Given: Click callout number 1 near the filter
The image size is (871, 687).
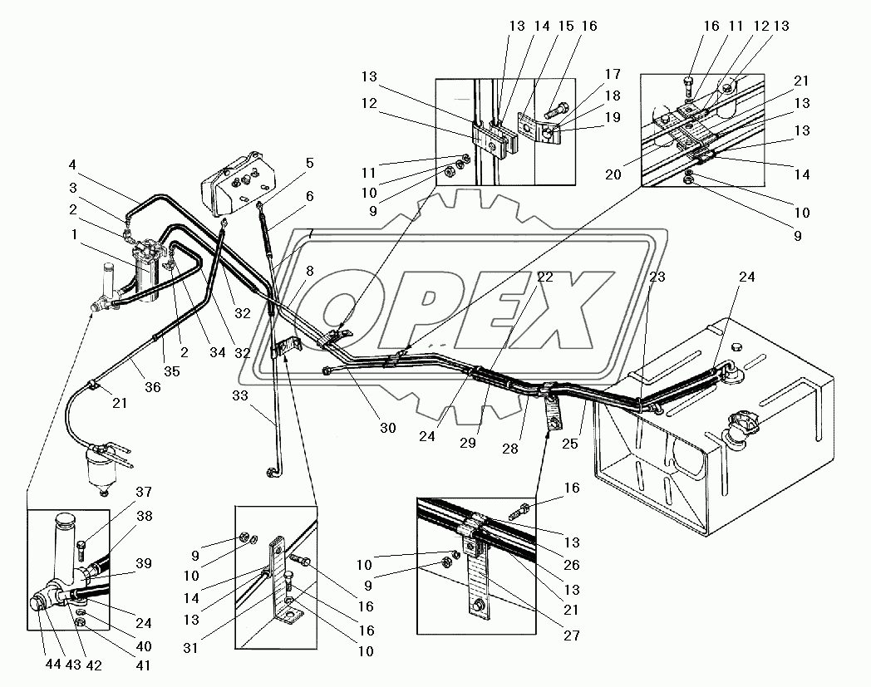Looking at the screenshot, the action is click(x=74, y=235).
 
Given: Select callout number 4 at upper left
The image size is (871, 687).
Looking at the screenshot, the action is click(x=73, y=165).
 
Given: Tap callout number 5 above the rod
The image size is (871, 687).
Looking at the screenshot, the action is click(x=309, y=164).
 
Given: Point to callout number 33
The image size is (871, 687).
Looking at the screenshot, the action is click(x=240, y=395).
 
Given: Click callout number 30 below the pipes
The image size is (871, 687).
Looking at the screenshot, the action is click(x=388, y=427).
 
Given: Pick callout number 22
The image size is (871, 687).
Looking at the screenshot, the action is click(x=545, y=277).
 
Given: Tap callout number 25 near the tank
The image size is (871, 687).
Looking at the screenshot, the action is click(x=569, y=444).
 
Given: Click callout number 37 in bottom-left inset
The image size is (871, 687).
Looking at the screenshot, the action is click(x=144, y=492).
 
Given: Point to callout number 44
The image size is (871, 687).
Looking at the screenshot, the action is click(x=53, y=665).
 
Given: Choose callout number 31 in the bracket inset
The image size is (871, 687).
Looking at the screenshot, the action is click(x=190, y=648).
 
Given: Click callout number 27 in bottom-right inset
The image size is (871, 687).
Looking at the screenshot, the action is click(x=572, y=635).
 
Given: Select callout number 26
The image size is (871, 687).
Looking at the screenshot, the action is click(x=572, y=565).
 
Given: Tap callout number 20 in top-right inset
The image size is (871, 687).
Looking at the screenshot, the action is click(x=613, y=174).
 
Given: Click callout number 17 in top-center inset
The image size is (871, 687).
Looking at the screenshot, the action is click(x=613, y=75).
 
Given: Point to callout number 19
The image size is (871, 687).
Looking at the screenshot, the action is click(x=613, y=117).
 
